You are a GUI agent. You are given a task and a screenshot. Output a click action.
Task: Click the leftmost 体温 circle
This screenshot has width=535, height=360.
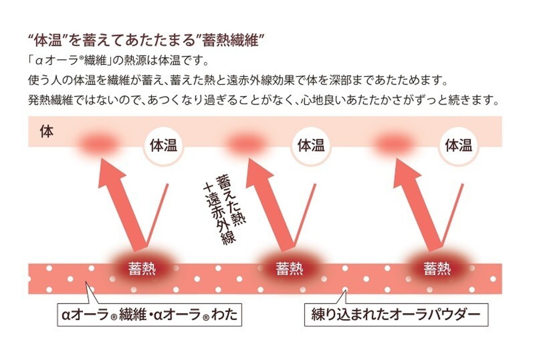pyautogui.click(x=163, y=146)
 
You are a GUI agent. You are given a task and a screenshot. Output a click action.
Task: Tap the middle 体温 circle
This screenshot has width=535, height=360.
pyautogui.click(x=311, y=146)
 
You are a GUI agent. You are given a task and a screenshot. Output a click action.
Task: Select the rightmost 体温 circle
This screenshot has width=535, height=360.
pyautogui.click(x=459, y=146)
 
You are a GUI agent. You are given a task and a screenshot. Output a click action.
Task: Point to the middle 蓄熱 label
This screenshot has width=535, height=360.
pyautogui.click(x=289, y=269)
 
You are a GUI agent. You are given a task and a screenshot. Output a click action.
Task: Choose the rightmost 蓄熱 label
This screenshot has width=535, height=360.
pyautogui.click(x=437, y=269)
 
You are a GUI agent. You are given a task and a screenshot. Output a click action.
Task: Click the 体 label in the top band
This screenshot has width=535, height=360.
pyautogui.click(x=46, y=132)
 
